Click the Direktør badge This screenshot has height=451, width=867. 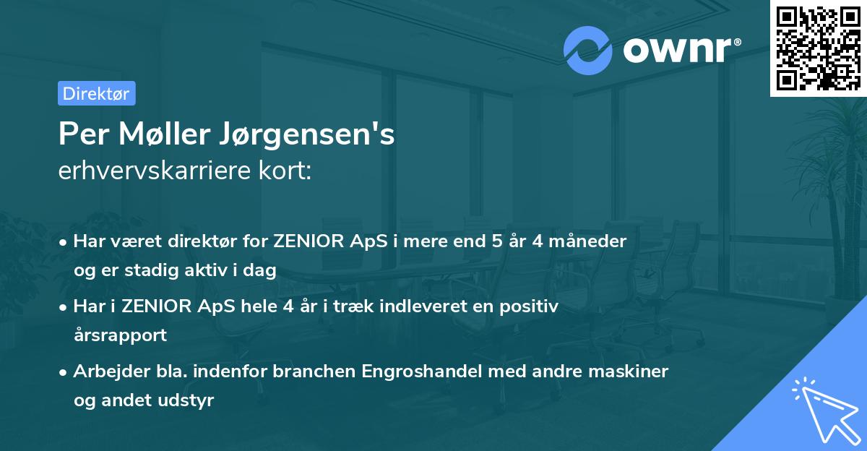(96, 93)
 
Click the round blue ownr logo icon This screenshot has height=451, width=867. (587, 50)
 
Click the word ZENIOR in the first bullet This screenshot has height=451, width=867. (311, 241)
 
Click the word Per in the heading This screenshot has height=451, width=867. (77, 135)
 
